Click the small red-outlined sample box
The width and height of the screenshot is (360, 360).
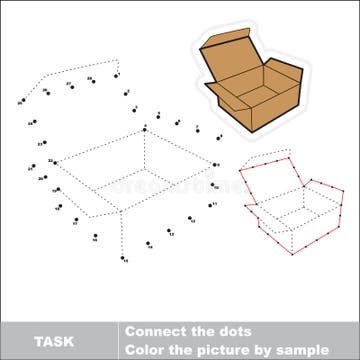click(x=290, y=205)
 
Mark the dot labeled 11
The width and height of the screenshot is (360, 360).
click(x=210, y=205)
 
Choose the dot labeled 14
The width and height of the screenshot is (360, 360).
click(x=148, y=242)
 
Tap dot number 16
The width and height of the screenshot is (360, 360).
click(x=94, y=237)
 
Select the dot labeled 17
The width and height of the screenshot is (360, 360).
click(x=76, y=220)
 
